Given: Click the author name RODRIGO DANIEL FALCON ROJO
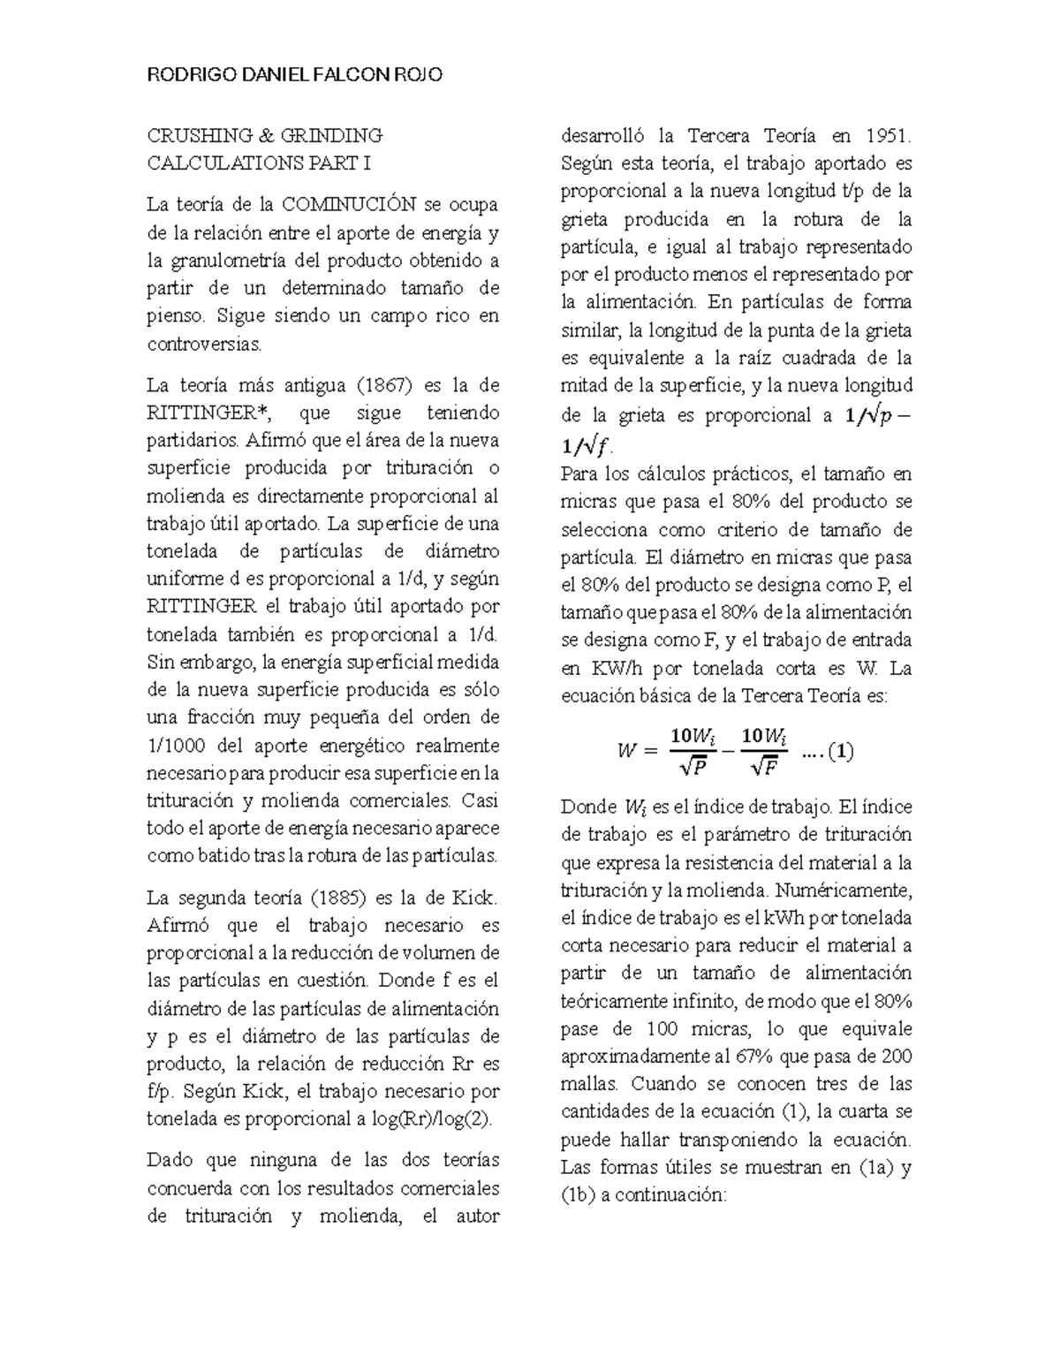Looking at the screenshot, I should coord(294,75).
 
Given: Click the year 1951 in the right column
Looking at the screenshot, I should coord(885,136).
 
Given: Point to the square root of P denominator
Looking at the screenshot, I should coord(693,769).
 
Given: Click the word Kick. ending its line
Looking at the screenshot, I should coord(475,898).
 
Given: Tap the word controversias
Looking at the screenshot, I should coord(205,344).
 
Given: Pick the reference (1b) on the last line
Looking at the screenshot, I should coord(580,1195).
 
